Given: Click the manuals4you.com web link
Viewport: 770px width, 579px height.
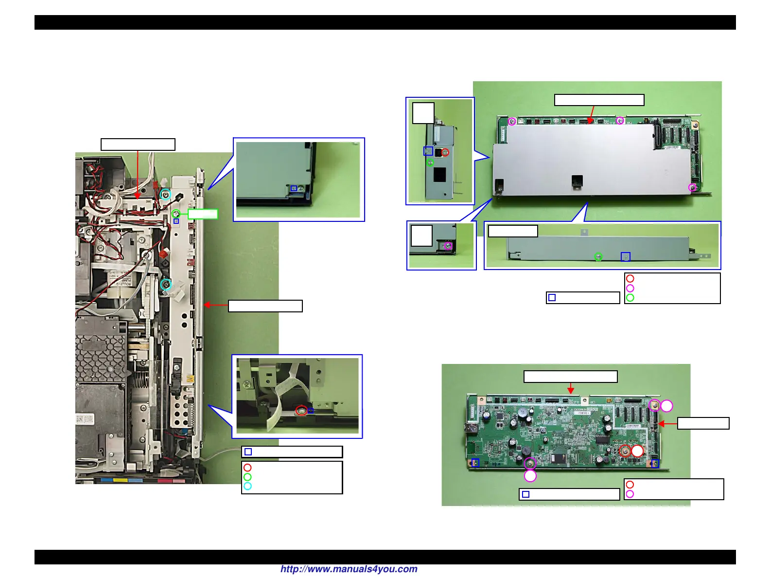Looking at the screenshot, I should pyautogui.click(x=349, y=569).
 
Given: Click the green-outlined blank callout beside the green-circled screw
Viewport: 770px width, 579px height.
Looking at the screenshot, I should pyautogui.click(x=203, y=214).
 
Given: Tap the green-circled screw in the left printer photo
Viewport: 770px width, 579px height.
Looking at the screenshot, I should pyautogui.click(x=177, y=214).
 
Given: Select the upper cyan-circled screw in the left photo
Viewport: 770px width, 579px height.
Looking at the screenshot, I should pyautogui.click(x=166, y=195).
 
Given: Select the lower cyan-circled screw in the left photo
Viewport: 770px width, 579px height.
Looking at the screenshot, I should pyautogui.click(x=166, y=284).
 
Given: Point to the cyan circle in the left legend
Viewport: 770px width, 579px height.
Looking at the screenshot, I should pyautogui.click(x=247, y=486).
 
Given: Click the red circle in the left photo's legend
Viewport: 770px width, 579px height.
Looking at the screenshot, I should pyautogui.click(x=247, y=468).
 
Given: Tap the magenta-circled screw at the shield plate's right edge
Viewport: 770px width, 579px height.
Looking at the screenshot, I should pyautogui.click(x=693, y=188).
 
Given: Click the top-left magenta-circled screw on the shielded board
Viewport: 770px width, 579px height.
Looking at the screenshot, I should pyautogui.click(x=512, y=121).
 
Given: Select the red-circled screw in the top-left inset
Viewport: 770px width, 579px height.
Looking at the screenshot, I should pyautogui.click(x=445, y=152).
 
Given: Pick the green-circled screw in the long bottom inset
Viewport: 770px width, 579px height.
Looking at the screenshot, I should pyautogui.click(x=598, y=257).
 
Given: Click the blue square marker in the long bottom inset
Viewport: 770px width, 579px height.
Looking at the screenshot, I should pyautogui.click(x=626, y=256).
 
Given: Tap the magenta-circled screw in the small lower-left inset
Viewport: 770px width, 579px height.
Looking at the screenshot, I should pyautogui.click(x=448, y=246).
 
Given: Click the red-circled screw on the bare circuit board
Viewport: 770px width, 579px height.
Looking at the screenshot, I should pyautogui.click(x=625, y=451).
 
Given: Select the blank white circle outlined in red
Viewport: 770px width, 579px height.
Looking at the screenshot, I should pyautogui.click(x=637, y=451).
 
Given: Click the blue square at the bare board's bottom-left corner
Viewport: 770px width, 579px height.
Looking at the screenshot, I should pyautogui.click(x=475, y=463).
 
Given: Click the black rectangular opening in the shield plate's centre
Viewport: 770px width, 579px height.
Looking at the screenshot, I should pyautogui.click(x=577, y=182).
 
